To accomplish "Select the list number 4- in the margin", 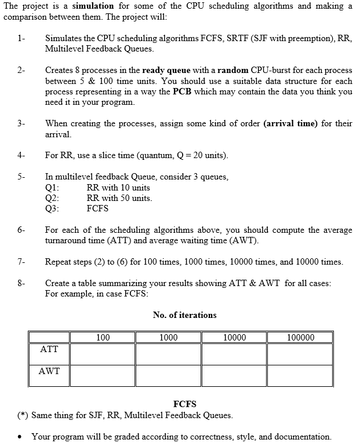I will [x=21, y=155].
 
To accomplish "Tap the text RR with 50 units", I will [x=119, y=198].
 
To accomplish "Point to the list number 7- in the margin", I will [x=21, y=262].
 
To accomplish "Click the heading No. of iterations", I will [x=185, y=315].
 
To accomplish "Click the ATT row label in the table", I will [x=49, y=349].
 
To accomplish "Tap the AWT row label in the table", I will [x=49, y=371].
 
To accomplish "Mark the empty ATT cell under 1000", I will [x=168, y=354].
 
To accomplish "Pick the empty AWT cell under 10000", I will [x=234, y=376].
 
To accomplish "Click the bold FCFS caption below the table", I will [x=185, y=404].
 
